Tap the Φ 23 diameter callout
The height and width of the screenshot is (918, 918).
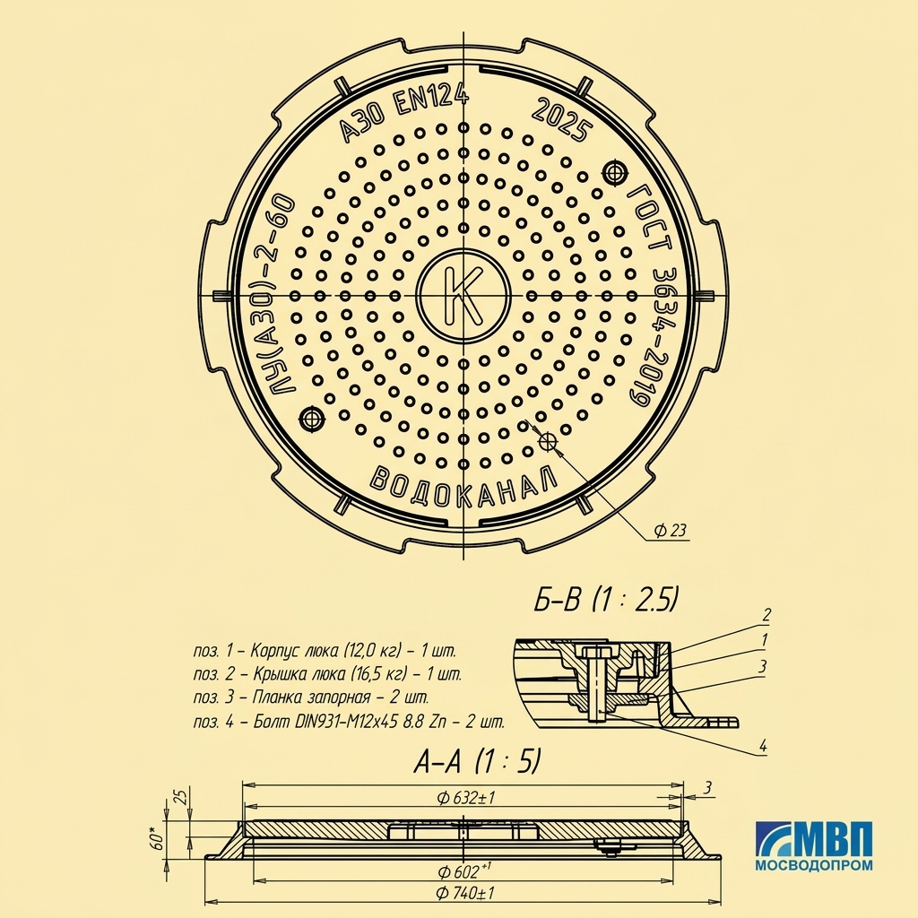pos(670,531)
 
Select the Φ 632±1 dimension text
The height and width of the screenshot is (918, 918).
pos(466,797)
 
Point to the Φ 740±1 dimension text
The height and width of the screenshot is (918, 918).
pos(465,893)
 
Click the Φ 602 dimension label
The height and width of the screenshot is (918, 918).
pos(465,870)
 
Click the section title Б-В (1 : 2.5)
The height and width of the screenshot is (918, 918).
pos(606,601)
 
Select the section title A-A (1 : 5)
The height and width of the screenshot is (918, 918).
pos(477,761)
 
